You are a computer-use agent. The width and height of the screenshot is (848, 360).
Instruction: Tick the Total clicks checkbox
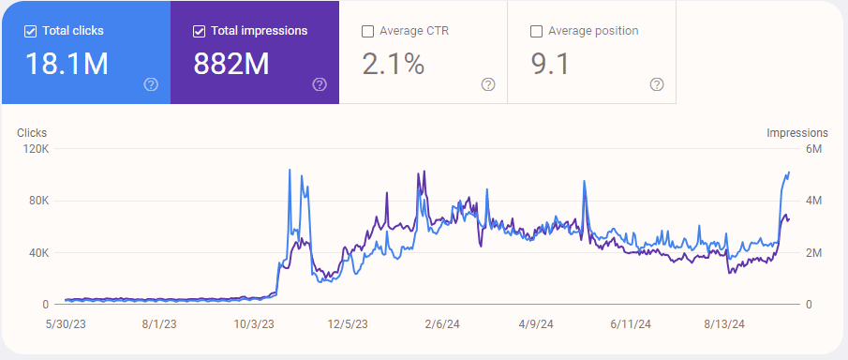pos(30,31)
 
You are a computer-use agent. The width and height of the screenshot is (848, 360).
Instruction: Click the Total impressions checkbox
pos(199,31)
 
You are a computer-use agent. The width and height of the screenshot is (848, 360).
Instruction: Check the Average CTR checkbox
pos(367,31)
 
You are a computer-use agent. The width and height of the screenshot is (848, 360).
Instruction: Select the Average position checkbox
pos(536,31)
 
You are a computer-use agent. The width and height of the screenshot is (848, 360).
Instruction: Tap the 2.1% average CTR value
pos(393,64)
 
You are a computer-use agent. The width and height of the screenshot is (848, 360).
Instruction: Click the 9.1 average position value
pos(550,64)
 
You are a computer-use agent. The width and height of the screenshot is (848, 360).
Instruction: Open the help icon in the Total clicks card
pos(151,84)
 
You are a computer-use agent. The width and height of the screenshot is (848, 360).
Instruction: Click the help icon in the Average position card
pos(657,84)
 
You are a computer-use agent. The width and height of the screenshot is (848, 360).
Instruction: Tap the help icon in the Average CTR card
pos(488,84)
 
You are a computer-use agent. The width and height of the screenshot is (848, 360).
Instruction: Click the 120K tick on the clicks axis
pos(36,149)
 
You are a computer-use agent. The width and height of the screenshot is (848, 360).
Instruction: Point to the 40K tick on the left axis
pos(38,253)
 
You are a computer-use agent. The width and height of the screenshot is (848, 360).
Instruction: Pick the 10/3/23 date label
pos(254,323)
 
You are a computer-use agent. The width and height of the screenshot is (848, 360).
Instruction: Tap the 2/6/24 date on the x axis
pos(440,323)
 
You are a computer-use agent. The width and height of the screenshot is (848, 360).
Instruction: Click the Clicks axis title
pos(32,133)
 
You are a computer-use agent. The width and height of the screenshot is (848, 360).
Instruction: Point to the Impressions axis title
pos(797,133)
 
